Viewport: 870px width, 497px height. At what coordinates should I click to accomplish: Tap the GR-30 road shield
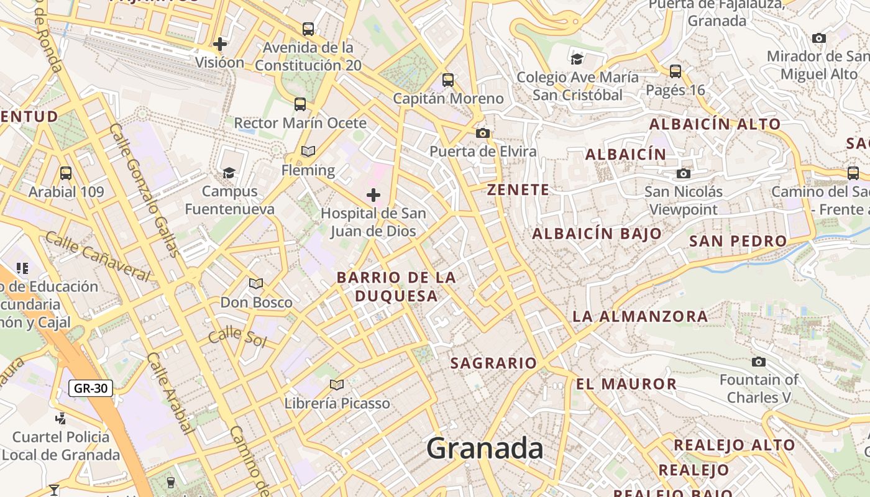click(91, 389)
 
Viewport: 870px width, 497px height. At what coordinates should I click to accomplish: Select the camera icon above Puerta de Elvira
click(482, 133)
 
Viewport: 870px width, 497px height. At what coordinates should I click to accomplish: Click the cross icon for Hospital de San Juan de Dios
click(373, 196)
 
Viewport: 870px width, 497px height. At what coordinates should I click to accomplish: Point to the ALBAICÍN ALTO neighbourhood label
click(715, 124)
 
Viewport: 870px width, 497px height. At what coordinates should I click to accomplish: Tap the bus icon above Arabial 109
click(66, 173)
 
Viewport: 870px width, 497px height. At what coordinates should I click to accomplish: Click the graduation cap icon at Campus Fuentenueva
click(229, 173)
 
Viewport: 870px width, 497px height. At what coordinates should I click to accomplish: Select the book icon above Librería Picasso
click(337, 385)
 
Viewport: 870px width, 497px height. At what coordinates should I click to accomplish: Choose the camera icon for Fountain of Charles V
click(759, 362)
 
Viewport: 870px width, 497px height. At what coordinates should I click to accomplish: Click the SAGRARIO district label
click(493, 363)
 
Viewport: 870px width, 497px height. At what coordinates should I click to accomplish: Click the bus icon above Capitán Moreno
click(448, 80)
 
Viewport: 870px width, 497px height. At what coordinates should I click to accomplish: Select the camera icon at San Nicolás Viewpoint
click(684, 173)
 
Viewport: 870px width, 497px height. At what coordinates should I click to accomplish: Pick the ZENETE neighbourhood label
click(518, 190)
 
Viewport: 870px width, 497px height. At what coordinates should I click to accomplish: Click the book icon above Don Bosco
click(256, 284)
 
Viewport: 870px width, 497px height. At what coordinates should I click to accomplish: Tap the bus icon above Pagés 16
click(675, 71)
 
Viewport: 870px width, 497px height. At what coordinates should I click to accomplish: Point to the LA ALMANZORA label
click(640, 316)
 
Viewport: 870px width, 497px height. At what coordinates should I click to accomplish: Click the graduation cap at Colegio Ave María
click(577, 59)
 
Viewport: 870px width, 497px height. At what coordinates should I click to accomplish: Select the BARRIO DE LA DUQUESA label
click(396, 286)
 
